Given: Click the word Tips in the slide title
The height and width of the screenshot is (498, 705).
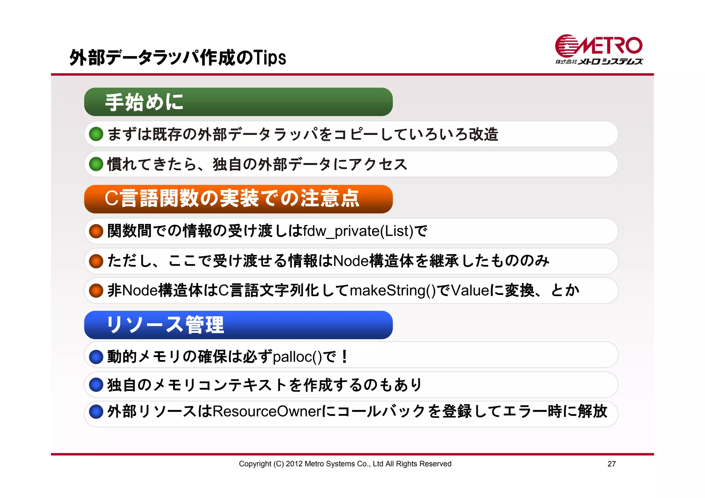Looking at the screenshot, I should pyautogui.click(x=270, y=58).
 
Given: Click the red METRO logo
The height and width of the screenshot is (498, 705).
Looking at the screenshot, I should pyautogui.click(x=599, y=46).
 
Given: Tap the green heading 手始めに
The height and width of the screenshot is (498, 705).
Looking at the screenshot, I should pyautogui.click(x=145, y=102).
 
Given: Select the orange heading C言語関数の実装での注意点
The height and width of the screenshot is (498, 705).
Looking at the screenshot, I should pyautogui.click(x=232, y=199).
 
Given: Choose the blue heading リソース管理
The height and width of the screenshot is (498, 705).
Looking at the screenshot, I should pyautogui.click(x=165, y=325).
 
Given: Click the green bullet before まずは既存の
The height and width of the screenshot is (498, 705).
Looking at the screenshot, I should pyautogui.click(x=96, y=134).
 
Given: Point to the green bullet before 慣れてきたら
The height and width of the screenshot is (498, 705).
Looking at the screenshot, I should pyautogui.click(x=96, y=164).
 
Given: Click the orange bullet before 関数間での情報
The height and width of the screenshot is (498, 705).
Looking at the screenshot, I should pyautogui.click(x=96, y=231).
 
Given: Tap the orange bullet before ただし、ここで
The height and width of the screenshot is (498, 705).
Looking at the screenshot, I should pyautogui.click(x=96, y=261).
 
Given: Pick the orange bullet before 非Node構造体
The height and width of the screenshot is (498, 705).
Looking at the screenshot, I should pyautogui.click(x=96, y=291).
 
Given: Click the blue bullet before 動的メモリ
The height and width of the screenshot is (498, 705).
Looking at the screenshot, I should pyautogui.click(x=96, y=357).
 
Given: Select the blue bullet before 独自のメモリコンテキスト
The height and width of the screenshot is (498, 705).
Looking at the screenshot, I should pyautogui.click(x=96, y=385).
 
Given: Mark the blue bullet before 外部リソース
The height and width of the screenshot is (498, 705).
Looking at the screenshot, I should pyautogui.click(x=96, y=412).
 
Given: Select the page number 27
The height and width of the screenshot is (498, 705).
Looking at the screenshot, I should pyautogui.click(x=611, y=464).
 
